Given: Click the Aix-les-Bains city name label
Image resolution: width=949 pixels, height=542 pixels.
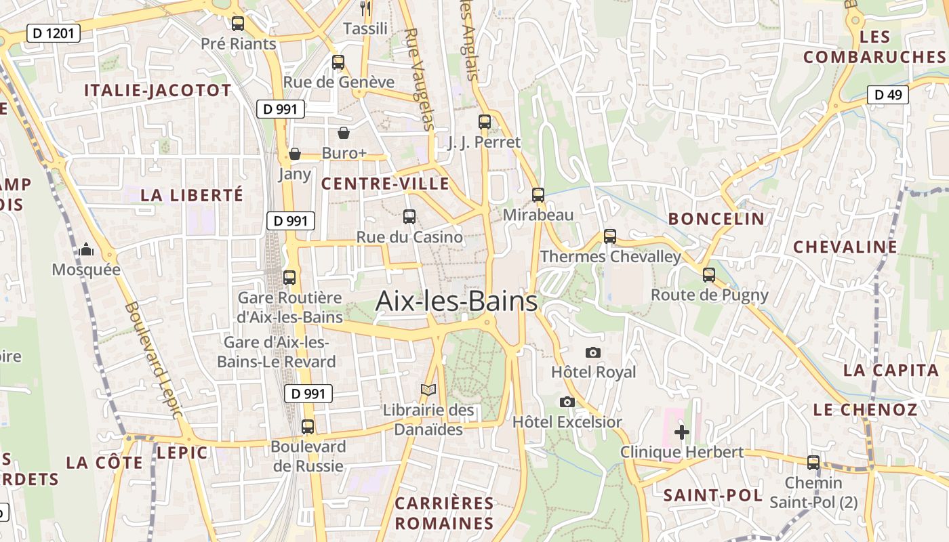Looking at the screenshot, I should coord(456,301).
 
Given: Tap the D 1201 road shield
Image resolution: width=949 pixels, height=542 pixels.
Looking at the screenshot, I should coord(54,33).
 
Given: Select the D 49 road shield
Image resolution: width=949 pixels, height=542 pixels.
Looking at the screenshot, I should coord(888,95).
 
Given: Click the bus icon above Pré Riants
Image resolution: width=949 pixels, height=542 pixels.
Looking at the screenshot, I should coord(238,24).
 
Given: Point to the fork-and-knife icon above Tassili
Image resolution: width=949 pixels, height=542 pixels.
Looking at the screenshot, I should coord(365,8).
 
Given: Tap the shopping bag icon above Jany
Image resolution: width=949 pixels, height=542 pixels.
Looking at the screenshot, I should coord(295,154).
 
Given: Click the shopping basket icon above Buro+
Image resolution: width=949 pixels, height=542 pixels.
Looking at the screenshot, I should coord(344,133).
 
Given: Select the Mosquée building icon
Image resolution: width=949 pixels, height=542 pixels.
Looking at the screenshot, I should coord(86,250).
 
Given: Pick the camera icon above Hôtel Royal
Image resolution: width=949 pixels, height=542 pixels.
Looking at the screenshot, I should coord(593,352).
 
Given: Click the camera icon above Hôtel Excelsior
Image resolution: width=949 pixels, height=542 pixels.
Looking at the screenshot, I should coord(567,402).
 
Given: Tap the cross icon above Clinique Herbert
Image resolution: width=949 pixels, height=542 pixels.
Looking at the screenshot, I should coord(682,432).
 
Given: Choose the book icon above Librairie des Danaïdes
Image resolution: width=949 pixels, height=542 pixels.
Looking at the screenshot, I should coord(428,390).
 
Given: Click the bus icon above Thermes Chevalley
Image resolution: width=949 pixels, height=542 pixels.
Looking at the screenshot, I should coord(610,236).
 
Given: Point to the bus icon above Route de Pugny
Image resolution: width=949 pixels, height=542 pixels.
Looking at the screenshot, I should coord(709,275).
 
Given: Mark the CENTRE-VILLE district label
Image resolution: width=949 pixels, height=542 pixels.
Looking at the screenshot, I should coord(385,184).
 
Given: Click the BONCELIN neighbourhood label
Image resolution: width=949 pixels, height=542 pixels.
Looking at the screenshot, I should coord(716,219).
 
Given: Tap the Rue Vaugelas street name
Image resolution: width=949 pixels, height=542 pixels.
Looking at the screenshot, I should coord(419,79).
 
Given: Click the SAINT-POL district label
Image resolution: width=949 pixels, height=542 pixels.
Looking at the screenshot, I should coord(713,495).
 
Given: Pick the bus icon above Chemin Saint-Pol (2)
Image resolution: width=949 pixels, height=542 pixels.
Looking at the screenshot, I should coord(813,463).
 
